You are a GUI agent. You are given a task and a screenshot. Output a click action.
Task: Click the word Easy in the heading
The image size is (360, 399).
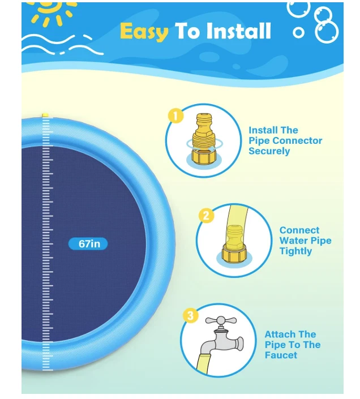pos(144,31)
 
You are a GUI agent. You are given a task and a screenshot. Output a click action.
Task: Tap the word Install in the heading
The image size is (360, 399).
pos(237,31)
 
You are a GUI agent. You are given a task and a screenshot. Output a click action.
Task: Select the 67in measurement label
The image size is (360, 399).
pos(88,244)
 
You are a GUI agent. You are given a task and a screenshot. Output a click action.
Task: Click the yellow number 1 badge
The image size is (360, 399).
pos(175,115)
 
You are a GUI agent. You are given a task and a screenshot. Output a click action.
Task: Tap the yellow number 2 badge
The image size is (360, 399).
pos(206,215)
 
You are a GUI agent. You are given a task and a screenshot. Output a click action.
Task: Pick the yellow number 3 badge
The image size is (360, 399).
pos(191,315)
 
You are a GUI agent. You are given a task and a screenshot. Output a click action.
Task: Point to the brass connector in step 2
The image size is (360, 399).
pos(234,244)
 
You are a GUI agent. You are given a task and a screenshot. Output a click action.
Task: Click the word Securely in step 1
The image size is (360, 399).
pos(269,151)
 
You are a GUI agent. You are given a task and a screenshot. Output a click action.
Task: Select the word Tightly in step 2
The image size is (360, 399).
pos(295,251)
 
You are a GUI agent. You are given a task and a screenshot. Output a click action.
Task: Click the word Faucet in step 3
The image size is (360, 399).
pos(281,355)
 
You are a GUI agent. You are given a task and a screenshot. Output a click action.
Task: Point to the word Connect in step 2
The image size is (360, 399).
pos(299,230)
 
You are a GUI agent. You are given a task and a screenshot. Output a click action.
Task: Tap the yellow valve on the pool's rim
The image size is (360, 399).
pos(45,115)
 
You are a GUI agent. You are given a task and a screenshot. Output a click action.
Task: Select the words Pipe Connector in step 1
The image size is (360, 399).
pos(285,140)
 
